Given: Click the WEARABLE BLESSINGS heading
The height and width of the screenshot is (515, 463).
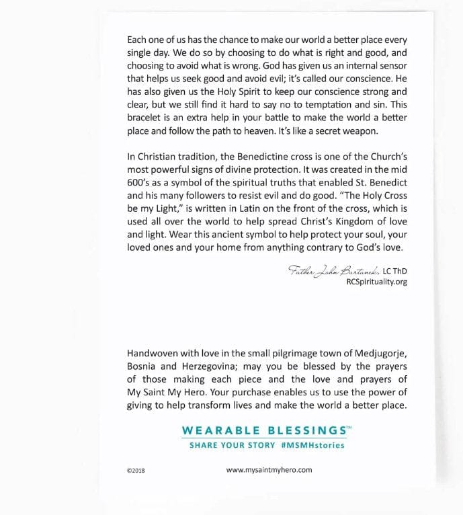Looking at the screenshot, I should tap(263, 430).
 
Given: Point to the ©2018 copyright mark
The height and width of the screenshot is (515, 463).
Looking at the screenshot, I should tap(136, 471).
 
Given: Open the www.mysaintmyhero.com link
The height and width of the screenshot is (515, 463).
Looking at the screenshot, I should tap(269, 470).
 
